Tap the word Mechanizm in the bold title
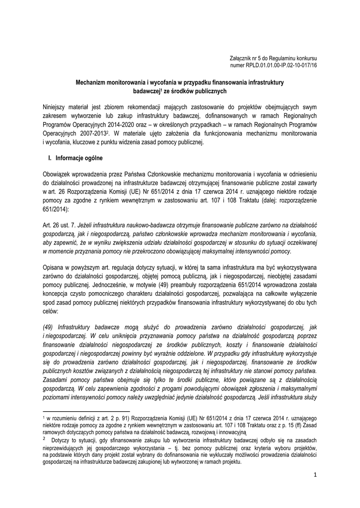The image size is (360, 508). coord(90,83)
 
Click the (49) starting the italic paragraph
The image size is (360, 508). coord(48,327)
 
